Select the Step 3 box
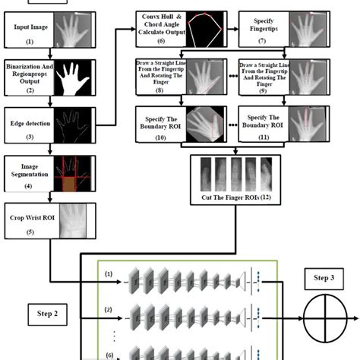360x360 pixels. point(319,278)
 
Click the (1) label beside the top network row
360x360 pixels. point(108,274)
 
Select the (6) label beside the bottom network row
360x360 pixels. point(108,354)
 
